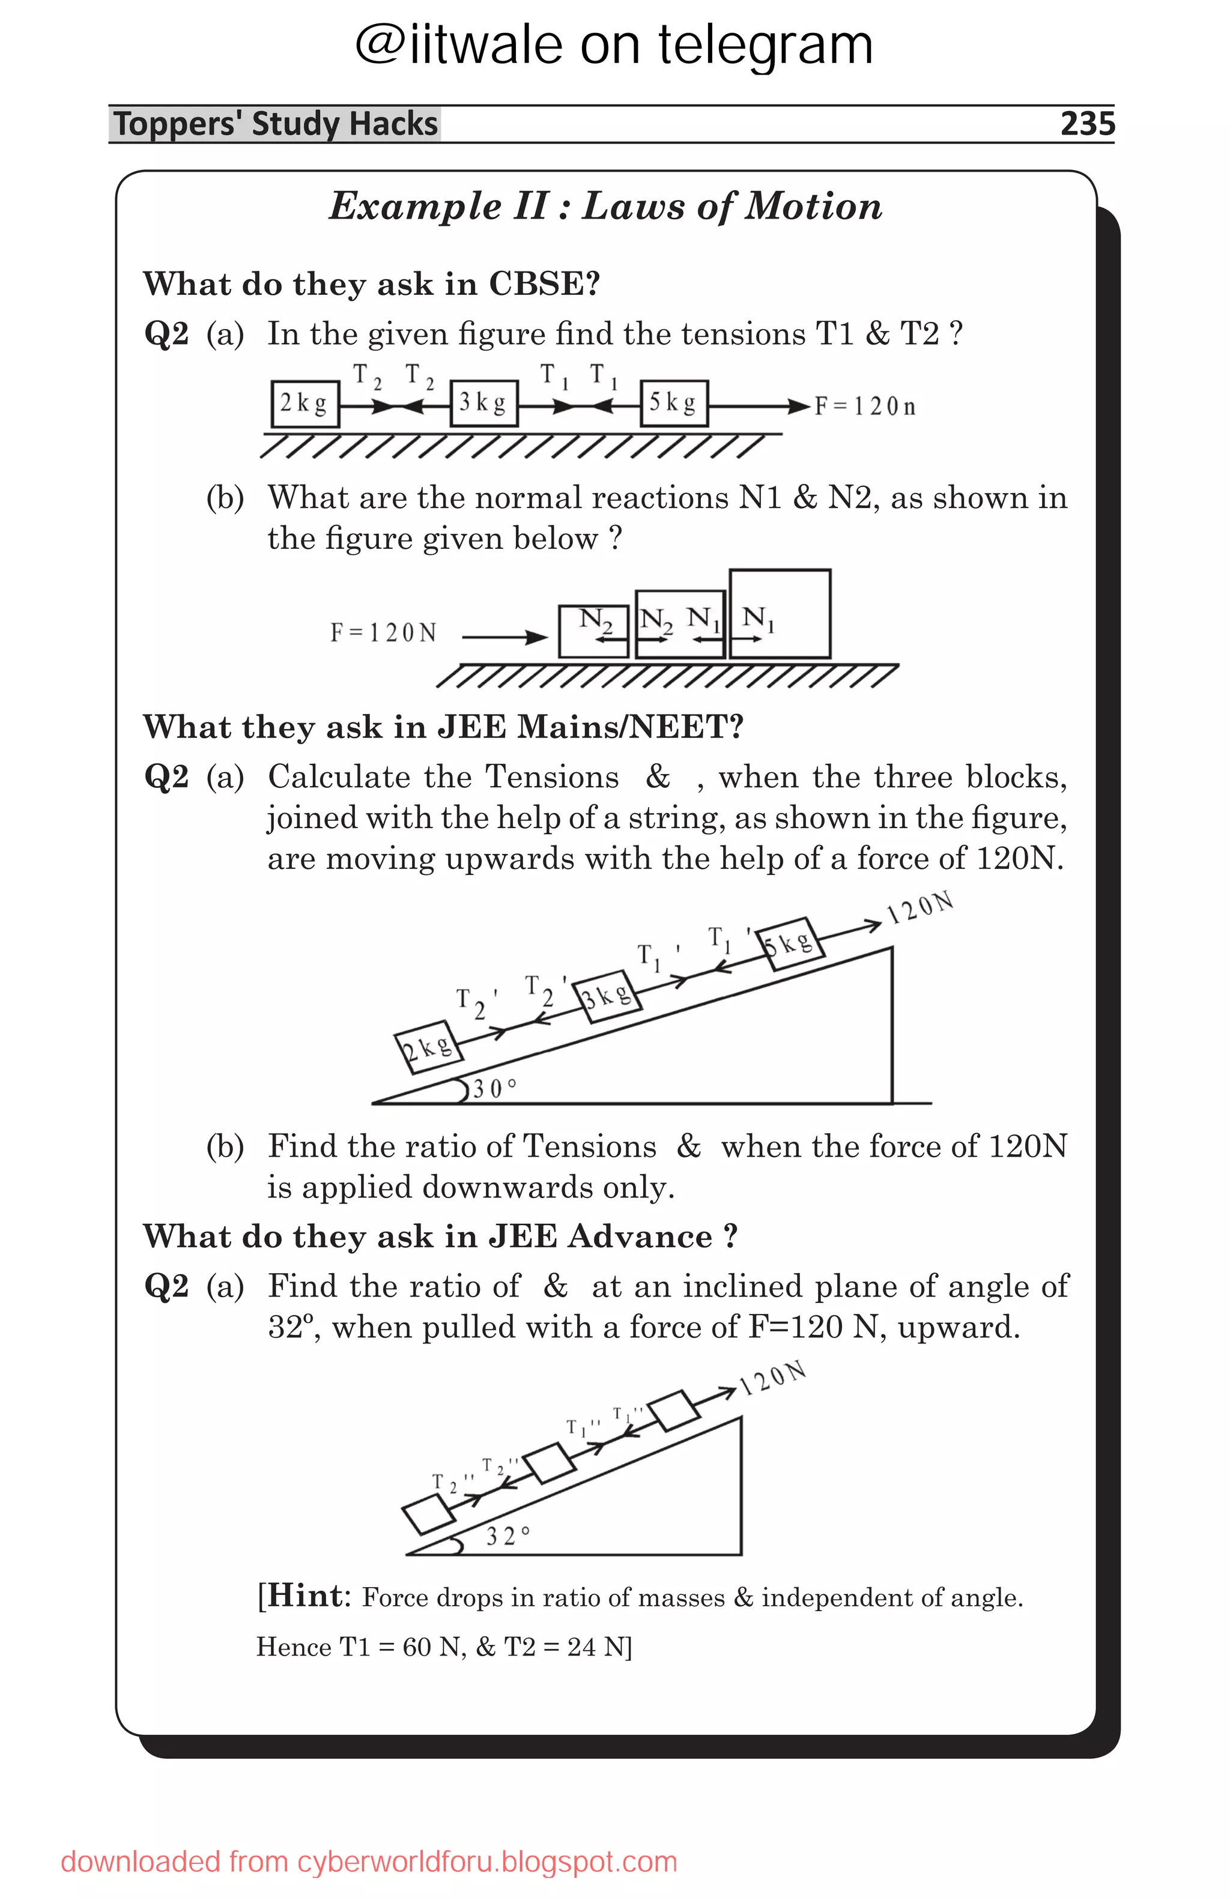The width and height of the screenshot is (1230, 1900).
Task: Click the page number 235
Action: tap(1086, 124)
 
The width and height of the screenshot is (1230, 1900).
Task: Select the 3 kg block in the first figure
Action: tap(483, 403)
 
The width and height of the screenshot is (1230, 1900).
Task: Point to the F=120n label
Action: tap(864, 407)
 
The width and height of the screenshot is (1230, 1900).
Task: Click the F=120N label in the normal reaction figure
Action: tap(383, 633)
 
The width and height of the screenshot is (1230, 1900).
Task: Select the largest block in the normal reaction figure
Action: tap(780, 613)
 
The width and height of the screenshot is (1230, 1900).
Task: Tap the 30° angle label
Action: tap(494, 1088)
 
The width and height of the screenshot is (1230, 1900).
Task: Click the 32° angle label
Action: tap(507, 1535)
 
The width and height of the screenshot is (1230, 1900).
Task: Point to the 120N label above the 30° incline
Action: tap(920, 908)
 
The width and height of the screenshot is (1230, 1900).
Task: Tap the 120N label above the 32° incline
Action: tap(772, 1377)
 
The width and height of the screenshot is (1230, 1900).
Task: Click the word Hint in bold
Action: tap(306, 1595)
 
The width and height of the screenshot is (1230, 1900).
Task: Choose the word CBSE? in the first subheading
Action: tap(544, 284)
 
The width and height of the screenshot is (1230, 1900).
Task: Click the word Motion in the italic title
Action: tap(813, 207)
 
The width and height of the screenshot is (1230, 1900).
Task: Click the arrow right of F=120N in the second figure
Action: tap(504, 637)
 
